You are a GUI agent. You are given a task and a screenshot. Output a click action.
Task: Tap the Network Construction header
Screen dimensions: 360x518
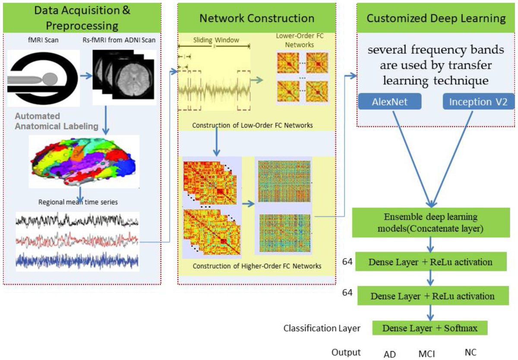[x=256, y=18]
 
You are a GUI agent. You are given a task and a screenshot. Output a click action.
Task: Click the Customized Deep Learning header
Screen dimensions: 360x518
[x=436, y=18]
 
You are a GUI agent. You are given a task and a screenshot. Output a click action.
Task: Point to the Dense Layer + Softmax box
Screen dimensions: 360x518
[x=430, y=328]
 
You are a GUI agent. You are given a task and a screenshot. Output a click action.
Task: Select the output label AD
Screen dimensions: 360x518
[x=390, y=353]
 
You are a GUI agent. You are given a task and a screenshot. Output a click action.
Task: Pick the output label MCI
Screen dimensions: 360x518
[x=426, y=353]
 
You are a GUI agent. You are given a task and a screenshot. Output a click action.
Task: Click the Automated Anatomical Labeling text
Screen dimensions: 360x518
[x=56, y=121]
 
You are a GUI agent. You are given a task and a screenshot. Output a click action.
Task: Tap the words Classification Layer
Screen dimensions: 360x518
[x=322, y=328]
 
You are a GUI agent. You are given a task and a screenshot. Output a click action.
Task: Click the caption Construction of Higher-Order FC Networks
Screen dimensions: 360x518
[x=256, y=266]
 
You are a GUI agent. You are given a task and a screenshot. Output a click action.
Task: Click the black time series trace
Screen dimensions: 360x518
[x=77, y=221]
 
